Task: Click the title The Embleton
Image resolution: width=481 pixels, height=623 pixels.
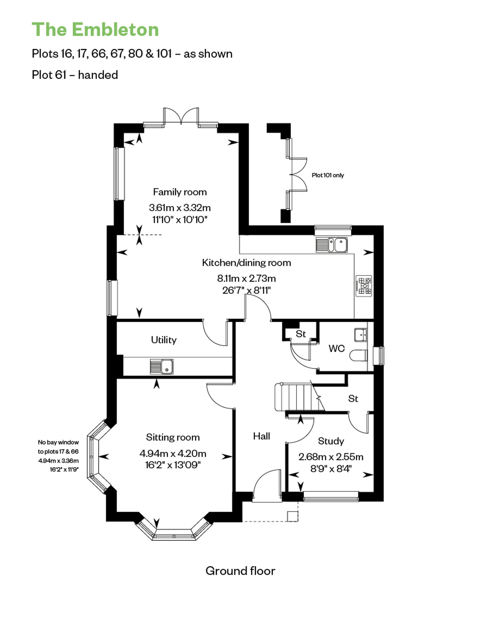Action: (x=95, y=30)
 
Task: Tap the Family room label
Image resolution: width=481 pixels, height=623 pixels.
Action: (x=180, y=192)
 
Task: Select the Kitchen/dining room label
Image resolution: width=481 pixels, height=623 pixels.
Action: (x=246, y=263)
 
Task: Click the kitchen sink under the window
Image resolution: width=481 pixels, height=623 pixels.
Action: (x=332, y=245)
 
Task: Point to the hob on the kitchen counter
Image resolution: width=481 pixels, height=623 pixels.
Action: (x=364, y=286)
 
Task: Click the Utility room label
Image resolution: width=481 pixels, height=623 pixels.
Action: (x=164, y=340)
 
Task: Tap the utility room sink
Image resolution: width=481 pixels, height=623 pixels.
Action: (x=162, y=366)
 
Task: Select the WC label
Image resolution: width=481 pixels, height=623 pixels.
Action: (x=336, y=348)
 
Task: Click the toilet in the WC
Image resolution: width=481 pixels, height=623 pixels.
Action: (x=358, y=355)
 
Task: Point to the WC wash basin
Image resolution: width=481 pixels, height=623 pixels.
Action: (x=361, y=335)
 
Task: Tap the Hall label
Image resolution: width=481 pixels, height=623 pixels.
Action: (x=261, y=436)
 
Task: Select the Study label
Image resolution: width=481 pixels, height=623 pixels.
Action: (x=331, y=441)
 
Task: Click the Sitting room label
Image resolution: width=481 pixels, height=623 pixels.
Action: (x=173, y=437)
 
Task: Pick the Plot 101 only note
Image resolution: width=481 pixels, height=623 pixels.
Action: (x=328, y=175)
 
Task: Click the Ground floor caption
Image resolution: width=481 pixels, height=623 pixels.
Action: (x=240, y=571)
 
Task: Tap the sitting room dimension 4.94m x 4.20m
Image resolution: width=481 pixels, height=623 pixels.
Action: (x=173, y=453)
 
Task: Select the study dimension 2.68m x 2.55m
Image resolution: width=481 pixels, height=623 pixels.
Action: (x=331, y=457)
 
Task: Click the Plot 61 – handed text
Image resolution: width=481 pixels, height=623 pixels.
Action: (x=75, y=75)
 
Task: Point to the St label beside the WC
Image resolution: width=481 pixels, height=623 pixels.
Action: (x=301, y=334)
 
